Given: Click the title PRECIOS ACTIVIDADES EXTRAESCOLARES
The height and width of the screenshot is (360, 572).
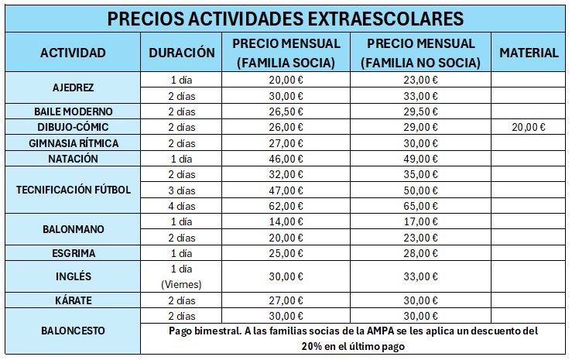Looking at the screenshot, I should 286,17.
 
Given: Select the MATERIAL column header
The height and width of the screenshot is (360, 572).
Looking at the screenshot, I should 529,53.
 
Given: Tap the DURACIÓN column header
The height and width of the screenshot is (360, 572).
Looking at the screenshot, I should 181,53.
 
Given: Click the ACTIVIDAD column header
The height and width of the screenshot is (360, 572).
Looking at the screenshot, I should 73,53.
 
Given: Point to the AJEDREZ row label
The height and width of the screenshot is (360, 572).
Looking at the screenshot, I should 73,87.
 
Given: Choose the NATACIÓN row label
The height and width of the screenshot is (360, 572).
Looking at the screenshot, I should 73,158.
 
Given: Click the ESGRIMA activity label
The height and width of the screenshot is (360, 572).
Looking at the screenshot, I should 73,253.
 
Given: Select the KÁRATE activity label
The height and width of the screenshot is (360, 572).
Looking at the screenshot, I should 73,300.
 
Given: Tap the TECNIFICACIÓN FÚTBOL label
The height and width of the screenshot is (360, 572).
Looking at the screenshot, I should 73,190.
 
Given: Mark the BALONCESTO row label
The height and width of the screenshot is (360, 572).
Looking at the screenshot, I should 73,331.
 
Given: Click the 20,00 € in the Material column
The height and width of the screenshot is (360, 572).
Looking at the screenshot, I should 529,126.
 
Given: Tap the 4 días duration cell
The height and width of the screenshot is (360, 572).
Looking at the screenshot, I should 181,205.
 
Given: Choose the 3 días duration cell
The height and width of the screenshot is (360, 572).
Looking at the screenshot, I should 181,190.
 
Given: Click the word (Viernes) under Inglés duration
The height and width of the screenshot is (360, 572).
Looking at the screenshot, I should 181,284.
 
